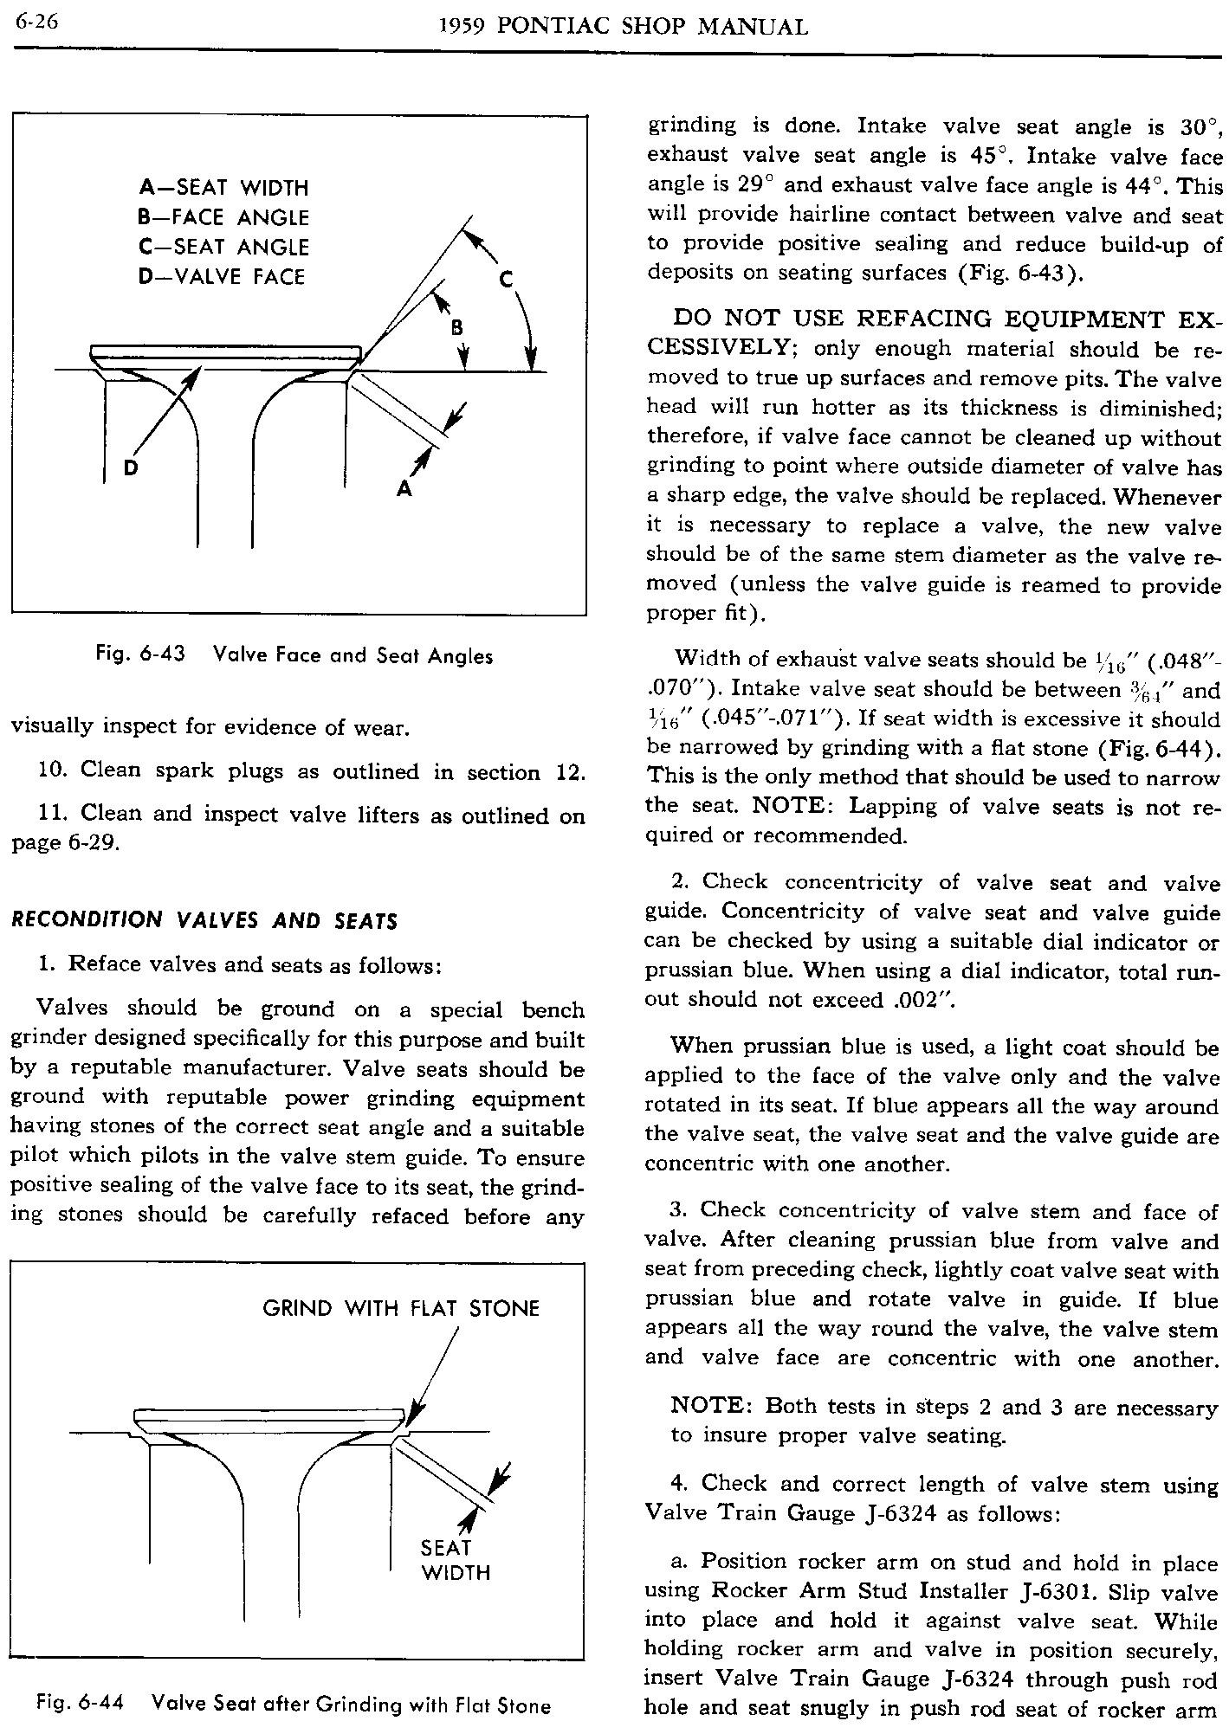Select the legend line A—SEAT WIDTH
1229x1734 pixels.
point(223,188)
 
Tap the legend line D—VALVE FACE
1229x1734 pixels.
point(222,277)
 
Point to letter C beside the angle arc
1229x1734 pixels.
point(507,279)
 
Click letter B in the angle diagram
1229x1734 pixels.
point(456,327)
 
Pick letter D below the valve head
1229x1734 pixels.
point(131,468)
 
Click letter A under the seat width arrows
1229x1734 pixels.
point(404,490)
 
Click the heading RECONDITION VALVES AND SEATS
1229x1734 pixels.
point(204,920)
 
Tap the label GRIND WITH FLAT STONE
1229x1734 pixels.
point(401,1308)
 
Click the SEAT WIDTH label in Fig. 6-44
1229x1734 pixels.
point(456,1560)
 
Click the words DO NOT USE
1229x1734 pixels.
point(759,319)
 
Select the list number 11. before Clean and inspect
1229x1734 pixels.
point(54,814)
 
